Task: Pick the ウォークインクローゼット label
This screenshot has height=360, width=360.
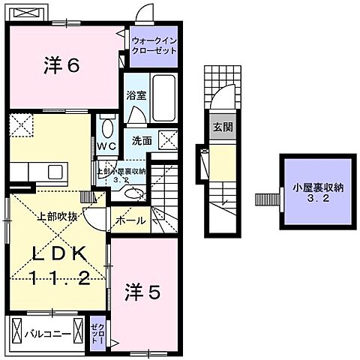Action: (154, 44)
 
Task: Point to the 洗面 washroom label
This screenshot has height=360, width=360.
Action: (142, 140)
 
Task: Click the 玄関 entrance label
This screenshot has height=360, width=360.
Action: (222, 127)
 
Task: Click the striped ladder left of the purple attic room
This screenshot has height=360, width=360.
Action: (265, 199)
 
